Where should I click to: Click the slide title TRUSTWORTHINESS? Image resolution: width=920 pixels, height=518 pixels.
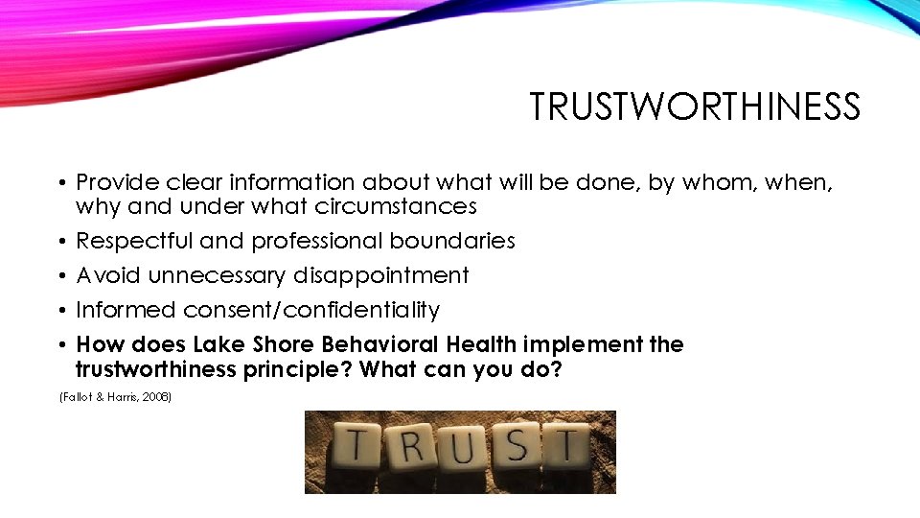(x=695, y=107)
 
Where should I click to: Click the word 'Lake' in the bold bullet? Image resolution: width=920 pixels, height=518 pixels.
(x=220, y=344)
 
